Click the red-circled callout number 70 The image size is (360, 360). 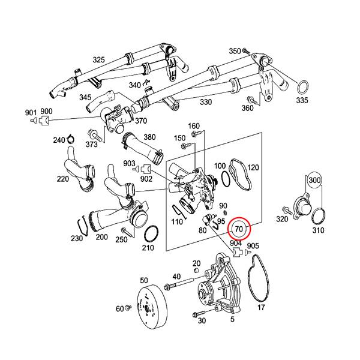click(x=239, y=229)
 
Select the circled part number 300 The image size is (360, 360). click(x=314, y=180)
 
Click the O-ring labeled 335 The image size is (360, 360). click(x=303, y=87)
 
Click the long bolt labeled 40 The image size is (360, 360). click(x=179, y=283)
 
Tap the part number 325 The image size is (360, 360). click(x=99, y=59)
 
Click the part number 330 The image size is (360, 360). click(x=206, y=102)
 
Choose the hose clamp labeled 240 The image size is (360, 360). click(x=71, y=139)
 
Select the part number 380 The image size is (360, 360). click(x=149, y=137)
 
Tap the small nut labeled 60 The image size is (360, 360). click(x=128, y=307)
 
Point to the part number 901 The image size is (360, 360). click(x=31, y=113)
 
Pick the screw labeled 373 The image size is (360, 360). click(x=94, y=135)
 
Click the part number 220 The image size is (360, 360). click(x=63, y=179)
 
